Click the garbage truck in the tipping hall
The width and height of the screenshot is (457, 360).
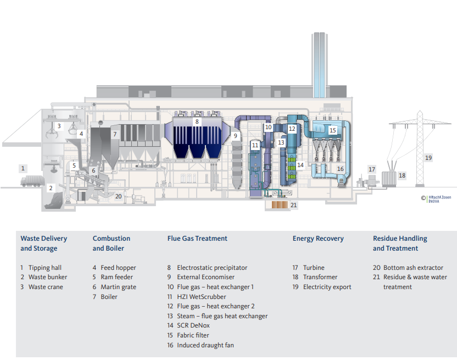pos(34,182)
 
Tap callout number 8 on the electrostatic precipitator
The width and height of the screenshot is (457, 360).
pos(197,121)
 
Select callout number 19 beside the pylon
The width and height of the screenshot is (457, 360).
pos(428,158)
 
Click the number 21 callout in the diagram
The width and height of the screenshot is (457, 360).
pos(293,205)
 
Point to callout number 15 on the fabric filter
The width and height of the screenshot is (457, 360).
pos(332,130)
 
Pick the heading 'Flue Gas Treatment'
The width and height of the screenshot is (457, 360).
pos(197,239)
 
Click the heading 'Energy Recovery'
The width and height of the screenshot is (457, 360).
pos(318,239)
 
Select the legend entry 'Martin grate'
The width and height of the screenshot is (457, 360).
pos(118,287)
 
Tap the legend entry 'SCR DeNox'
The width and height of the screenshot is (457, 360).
pos(193,325)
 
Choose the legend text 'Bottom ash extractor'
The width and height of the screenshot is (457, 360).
pos(413,268)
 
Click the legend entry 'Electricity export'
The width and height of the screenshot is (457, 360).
pos(327,287)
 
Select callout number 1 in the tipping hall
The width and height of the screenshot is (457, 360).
pos(23,168)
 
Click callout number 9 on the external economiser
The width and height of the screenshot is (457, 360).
pos(235,135)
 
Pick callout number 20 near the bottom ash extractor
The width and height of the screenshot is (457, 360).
pos(118,196)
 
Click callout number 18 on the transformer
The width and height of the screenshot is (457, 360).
pos(402,175)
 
